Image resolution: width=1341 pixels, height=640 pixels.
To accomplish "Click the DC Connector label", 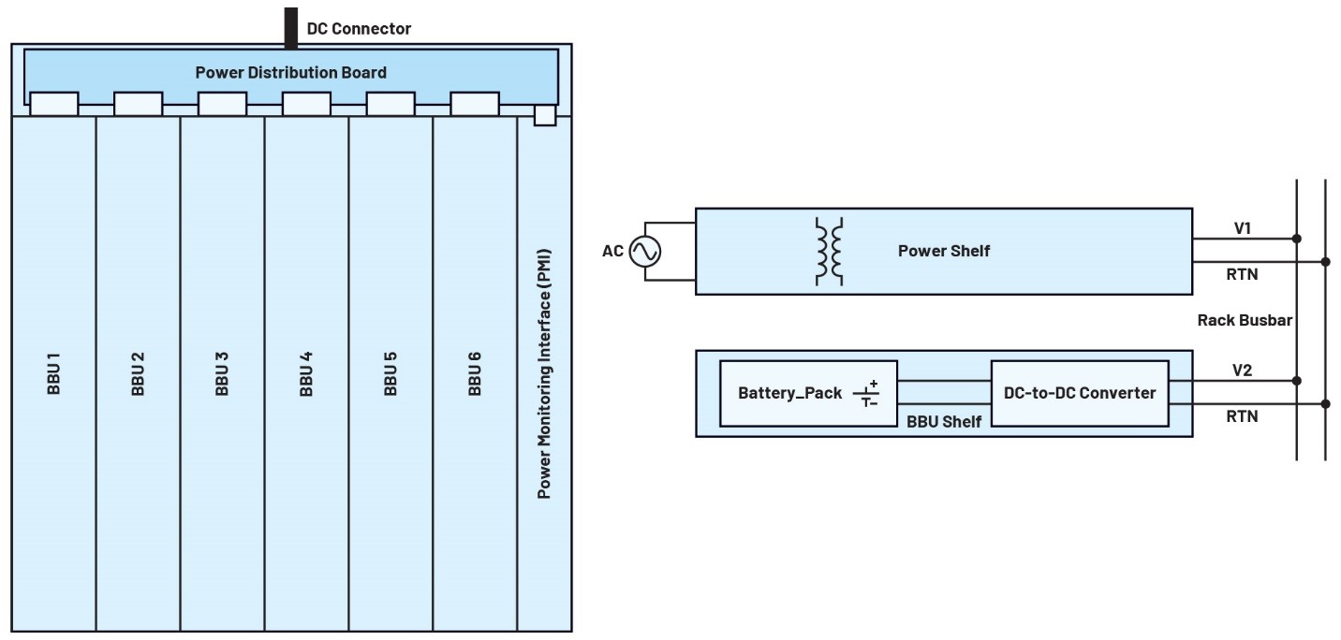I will click(359, 29).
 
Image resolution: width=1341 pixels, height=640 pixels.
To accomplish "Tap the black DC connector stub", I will click(290, 27).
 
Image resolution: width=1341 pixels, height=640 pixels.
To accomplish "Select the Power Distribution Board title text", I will click(290, 72).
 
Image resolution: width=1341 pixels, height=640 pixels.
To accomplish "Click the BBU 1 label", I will click(53, 373).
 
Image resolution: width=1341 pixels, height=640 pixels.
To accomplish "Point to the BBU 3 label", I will click(222, 373).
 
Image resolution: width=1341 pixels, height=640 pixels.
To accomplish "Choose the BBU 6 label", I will click(475, 373).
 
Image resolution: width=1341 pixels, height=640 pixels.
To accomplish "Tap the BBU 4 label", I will click(306, 373).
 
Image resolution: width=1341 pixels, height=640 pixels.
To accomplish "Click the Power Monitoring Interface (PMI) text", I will click(543, 373).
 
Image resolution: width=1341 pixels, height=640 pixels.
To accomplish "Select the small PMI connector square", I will click(544, 115).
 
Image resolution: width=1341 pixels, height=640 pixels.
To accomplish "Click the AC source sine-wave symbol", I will click(645, 251).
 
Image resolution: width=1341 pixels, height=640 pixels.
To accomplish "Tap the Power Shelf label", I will click(943, 251).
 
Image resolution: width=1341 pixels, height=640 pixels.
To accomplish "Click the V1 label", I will click(1243, 227).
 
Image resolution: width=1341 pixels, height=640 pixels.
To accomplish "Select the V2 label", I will click(1243, 370).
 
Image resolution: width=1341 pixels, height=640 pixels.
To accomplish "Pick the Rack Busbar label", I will click(1245, 320).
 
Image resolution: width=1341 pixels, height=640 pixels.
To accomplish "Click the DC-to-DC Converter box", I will click(1079, 393).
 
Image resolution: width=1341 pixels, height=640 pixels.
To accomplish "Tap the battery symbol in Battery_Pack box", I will click(865, 394).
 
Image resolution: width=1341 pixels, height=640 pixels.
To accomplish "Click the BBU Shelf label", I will click(943, 422).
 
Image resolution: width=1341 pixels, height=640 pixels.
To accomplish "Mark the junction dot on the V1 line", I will click(1297, 239).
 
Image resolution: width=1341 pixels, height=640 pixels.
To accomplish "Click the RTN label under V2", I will click(1243, 416).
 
